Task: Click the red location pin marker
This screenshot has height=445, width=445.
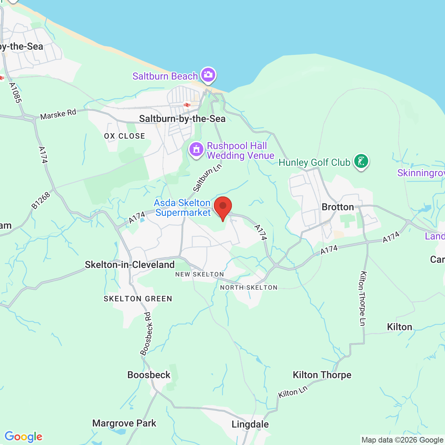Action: click(x=222, y=206)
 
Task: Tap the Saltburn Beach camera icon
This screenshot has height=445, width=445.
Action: click(x=208, y=75)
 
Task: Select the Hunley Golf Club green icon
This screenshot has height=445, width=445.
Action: click(x=361, y=161)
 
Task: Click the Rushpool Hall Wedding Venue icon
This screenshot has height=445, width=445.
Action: click(x=196, y=150)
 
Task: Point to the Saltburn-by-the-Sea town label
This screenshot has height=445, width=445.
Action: click(x=182, y=119)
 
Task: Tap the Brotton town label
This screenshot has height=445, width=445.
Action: click(x=338, y=207)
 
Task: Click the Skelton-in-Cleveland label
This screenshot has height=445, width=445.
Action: click(x=130, y=265)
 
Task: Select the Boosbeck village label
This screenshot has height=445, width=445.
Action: click(x=149, y=375)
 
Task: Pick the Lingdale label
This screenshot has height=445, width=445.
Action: click(x=250, y=424)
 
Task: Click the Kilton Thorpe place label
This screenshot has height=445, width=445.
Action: click(x=322, y=375)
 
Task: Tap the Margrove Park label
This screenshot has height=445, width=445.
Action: click(x=124, y=423)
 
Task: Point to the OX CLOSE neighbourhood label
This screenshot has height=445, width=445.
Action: click(x=124, y=136)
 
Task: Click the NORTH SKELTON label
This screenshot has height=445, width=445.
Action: click(x=249, y=288)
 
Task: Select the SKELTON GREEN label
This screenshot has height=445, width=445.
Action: click(x=138, y=299)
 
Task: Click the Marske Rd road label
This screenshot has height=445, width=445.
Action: click(x=58, y=114)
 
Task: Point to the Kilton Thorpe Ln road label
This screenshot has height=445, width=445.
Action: click(x=363, y=298)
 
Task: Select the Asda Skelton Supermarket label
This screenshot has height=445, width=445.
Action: click(x=183, y=208)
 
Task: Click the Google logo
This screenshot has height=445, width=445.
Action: click(x=23, y=436)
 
